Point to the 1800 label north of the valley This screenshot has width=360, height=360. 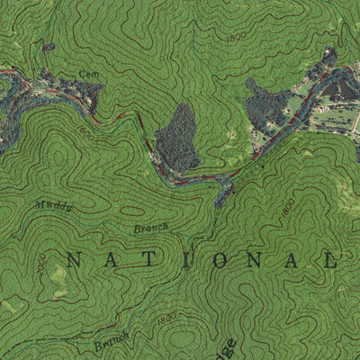pos(237,39)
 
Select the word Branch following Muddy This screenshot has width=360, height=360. pos(151,229)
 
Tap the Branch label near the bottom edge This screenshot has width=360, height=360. pos(112,341)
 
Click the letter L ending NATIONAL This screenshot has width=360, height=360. pos(330,262)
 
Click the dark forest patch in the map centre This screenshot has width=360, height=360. pos(177,137)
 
